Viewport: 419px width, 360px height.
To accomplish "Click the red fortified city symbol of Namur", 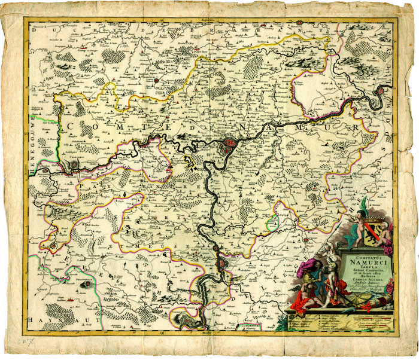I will [229, 145].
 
